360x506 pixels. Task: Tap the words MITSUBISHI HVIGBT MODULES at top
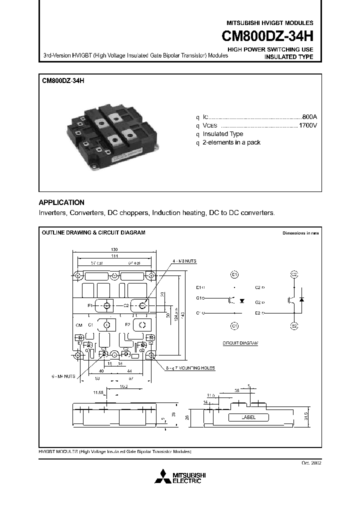270,23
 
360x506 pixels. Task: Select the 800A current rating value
309,116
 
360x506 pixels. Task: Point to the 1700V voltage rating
307,125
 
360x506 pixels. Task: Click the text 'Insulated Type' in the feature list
222,134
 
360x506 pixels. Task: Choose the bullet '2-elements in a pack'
231,142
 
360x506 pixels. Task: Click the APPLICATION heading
61,202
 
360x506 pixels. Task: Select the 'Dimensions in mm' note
300,233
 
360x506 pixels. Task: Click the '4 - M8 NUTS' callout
183,261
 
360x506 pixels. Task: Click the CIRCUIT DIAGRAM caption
239,344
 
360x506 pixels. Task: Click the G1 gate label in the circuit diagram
199,298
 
